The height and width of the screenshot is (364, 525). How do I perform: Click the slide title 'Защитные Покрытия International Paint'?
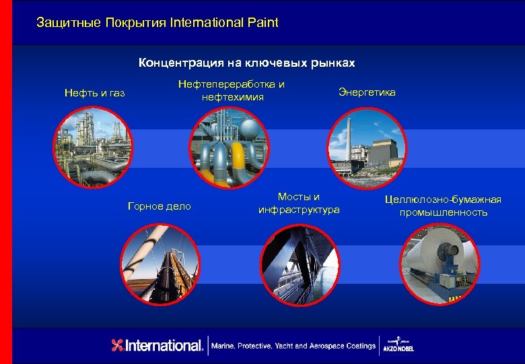tap(157, 23)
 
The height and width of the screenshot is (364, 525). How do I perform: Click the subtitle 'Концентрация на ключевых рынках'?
tap(246, 63)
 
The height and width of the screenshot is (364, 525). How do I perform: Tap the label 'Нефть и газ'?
tap(95, 92)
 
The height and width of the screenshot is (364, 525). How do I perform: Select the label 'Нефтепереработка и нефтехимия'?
tap(232, 91)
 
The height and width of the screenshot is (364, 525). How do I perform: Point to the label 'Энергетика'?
tap(367, 92)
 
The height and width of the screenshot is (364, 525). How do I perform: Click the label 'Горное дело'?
tap(160, 206)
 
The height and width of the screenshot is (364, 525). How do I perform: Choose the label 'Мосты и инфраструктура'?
tap(299, 204)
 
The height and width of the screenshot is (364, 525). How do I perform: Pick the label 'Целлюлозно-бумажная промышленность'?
tap(443, 206)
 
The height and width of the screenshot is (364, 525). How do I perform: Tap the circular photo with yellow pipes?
tap(230, 147)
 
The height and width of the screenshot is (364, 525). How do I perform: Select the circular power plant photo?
tap(367, 147)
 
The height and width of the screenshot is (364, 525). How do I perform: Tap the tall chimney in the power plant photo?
tap(349, 142)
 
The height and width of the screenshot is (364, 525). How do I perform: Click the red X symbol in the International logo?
tap(118, 345)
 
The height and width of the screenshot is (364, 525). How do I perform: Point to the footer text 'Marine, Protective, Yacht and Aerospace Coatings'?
tap(293, 346)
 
